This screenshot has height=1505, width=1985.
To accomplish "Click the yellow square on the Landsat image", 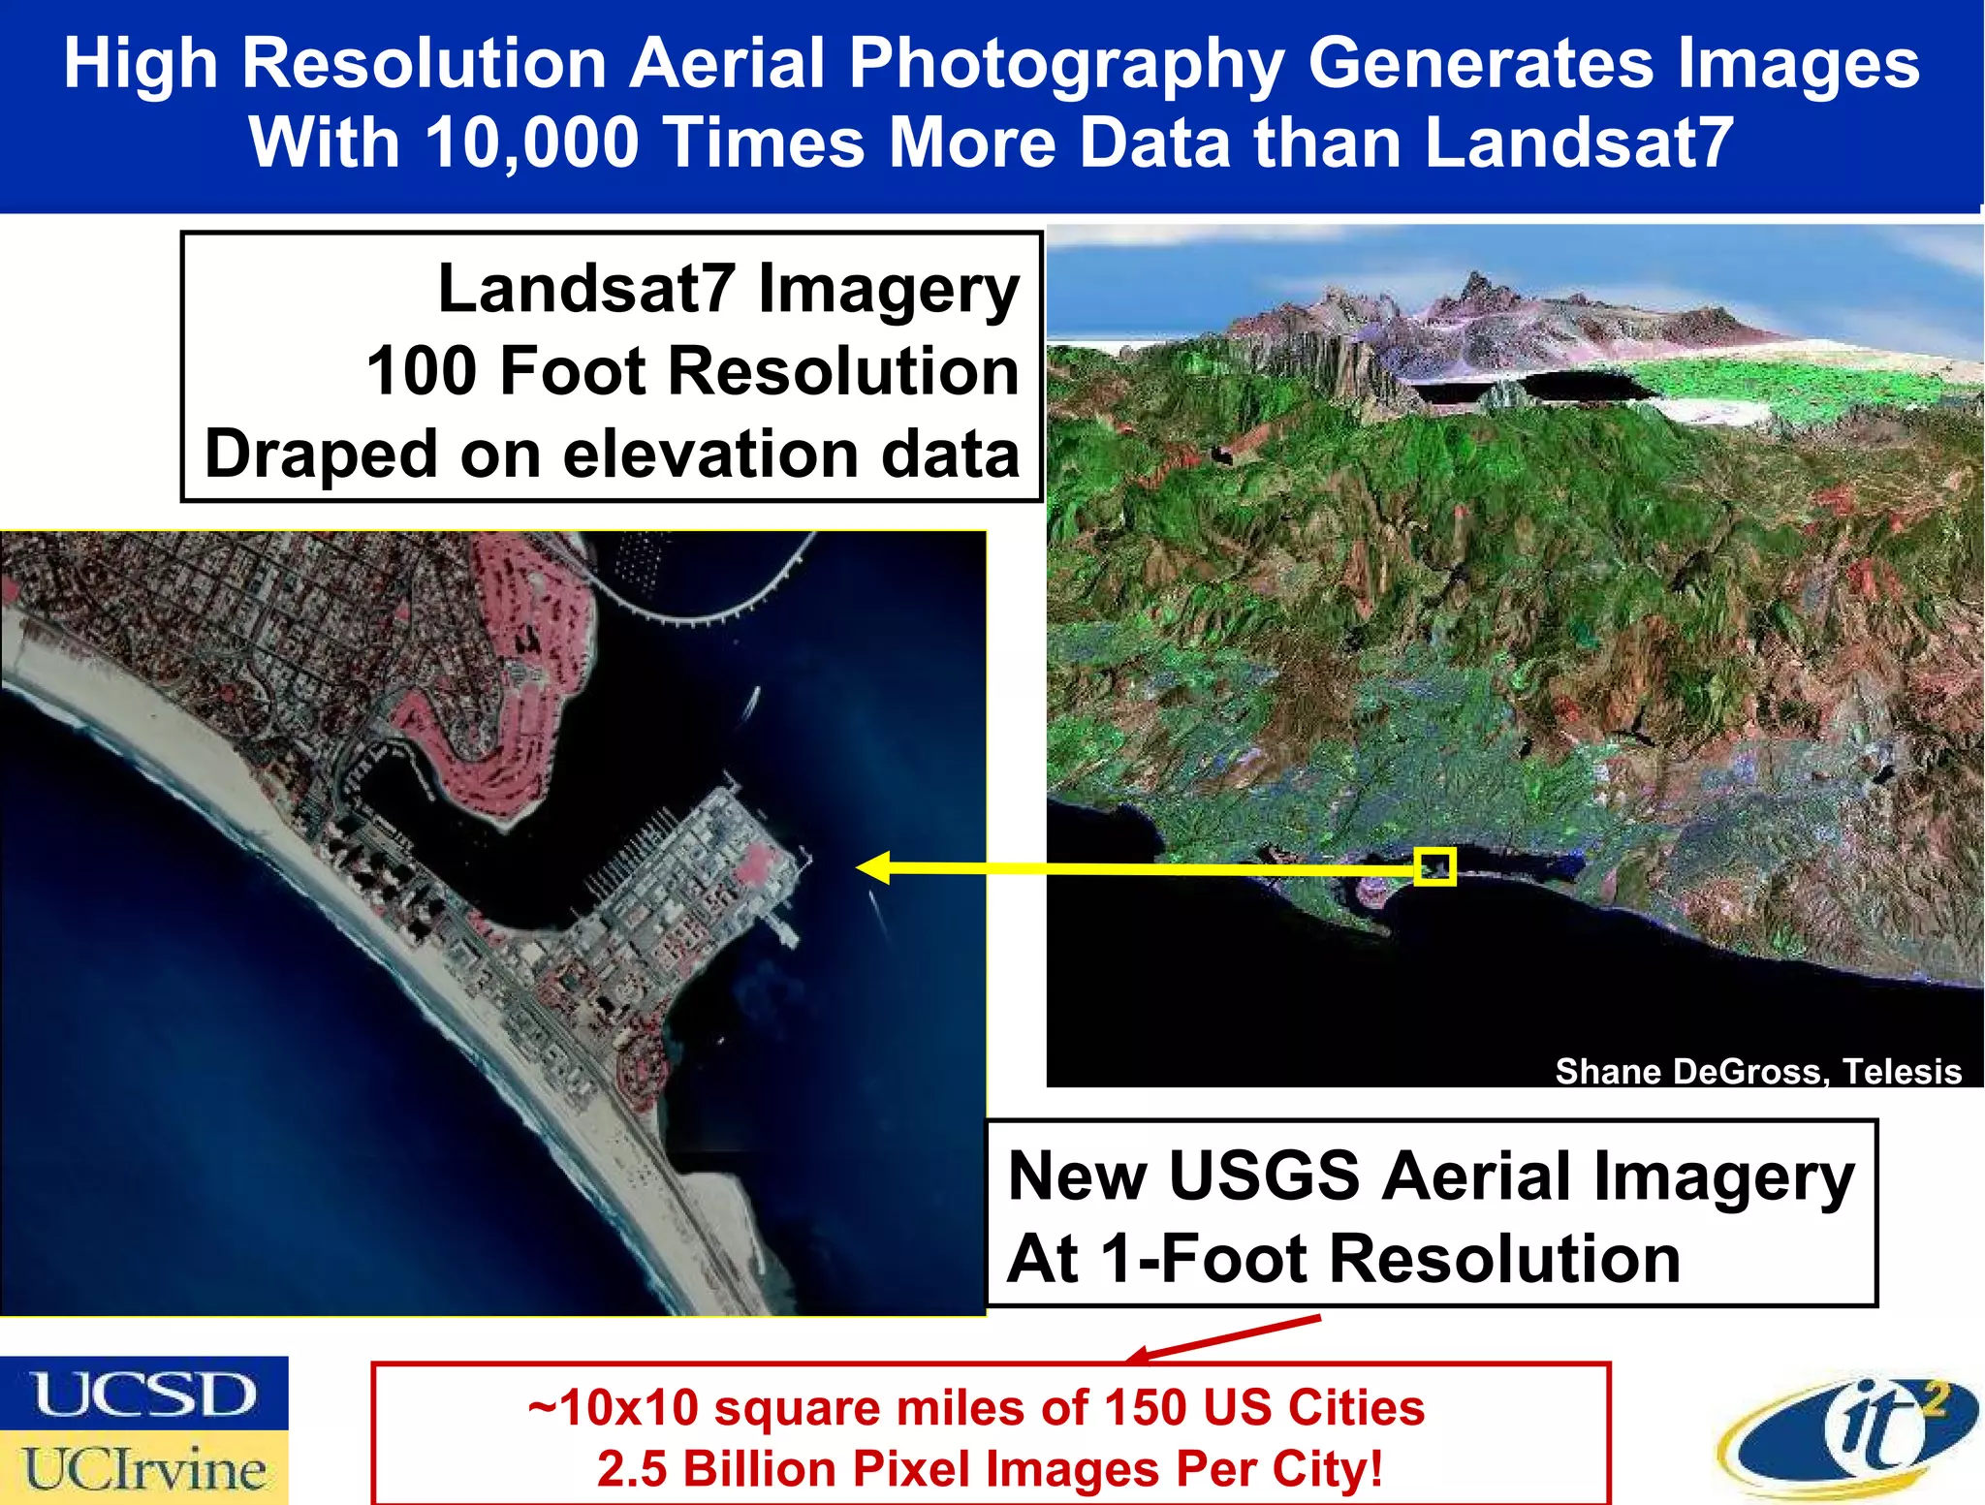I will tap(1434, 866).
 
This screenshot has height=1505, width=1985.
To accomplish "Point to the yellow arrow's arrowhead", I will tap(872, 867).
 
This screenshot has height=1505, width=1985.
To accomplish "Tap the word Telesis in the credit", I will tap(1902, 1071).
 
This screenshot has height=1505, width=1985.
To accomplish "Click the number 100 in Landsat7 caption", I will tap(421, 371).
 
